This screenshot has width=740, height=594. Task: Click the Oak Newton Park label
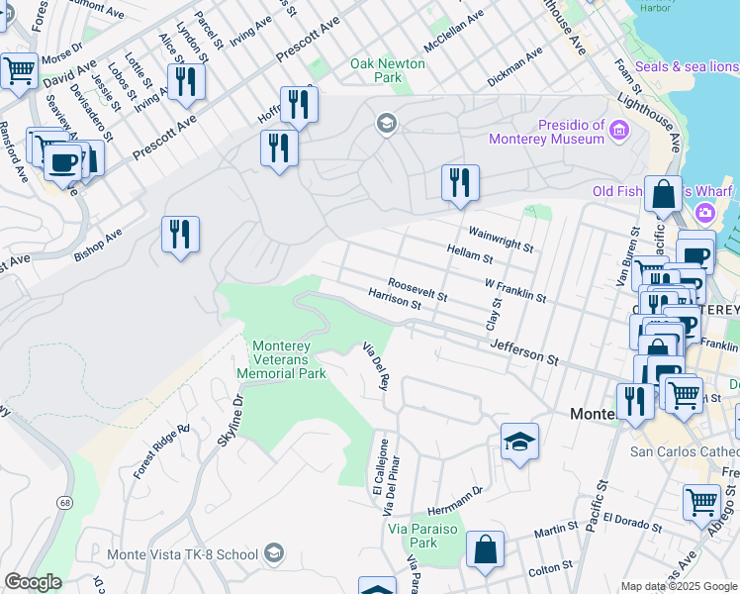(x=388, y=70)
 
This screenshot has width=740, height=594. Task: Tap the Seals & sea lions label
(x=686, y=66)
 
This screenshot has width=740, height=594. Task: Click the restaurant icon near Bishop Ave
(x=180, y=236)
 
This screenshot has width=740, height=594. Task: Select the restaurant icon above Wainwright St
(x=460, y=183)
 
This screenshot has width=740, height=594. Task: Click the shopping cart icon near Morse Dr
(x=19, y=71)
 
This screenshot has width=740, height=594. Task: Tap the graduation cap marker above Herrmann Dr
(x=519, y=442)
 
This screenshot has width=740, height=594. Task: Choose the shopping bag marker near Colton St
(x=485, y=551)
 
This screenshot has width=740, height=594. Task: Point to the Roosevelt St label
(x=417, y=288)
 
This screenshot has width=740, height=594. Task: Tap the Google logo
(x=33, y=582)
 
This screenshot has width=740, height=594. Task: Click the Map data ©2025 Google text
(x=678, y=586)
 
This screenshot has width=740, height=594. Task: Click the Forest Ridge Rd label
(x=160, y=451)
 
